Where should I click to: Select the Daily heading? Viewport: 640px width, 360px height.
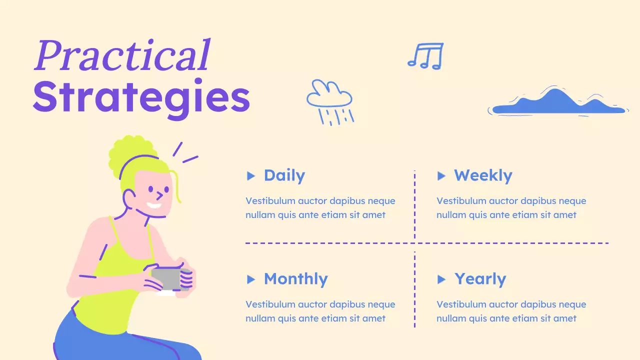284,175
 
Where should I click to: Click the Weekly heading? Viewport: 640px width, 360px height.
483,175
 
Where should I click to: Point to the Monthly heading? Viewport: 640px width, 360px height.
295,279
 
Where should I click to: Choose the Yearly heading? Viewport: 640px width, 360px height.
480,279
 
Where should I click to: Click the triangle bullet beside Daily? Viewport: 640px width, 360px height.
251,176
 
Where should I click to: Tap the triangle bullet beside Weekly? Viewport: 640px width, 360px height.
441,176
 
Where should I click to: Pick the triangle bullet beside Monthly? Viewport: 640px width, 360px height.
251,279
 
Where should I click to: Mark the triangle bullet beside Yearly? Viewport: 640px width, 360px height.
441,279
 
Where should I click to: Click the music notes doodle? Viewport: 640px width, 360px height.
425,55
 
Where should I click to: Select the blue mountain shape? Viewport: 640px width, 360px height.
557,102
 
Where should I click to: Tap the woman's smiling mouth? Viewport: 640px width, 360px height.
154,205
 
